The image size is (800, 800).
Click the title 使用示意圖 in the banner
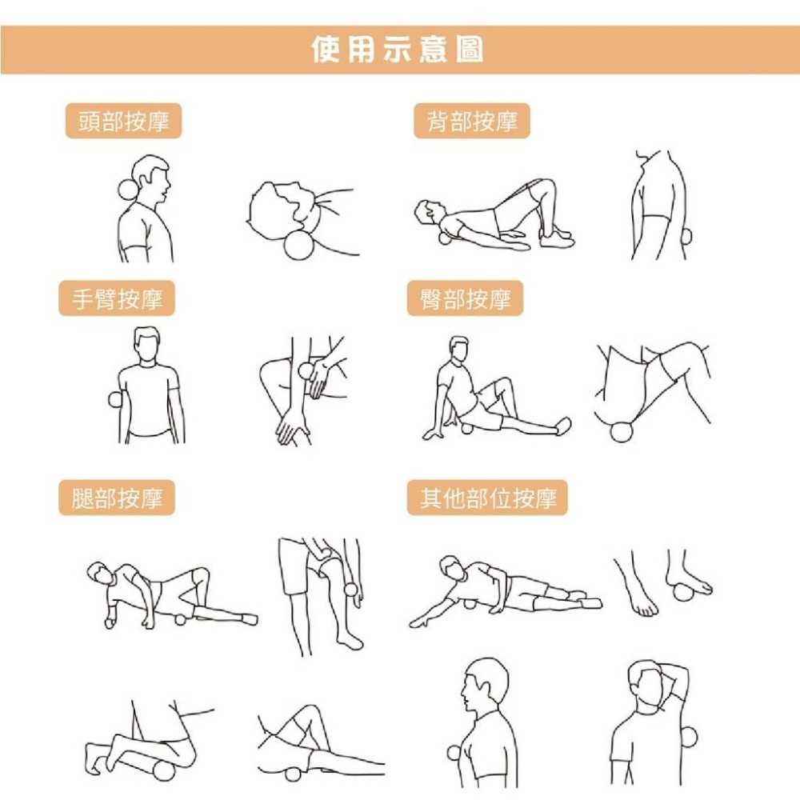398,50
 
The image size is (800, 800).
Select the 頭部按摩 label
123,122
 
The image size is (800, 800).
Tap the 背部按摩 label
472,122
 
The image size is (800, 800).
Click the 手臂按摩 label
117,299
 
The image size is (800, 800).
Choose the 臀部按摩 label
465,299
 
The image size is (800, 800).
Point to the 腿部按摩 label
117,498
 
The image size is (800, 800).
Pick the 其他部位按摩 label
487,498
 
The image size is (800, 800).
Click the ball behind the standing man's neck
127,190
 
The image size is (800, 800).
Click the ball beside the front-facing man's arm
113,400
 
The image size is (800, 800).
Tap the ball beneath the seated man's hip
468,429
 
